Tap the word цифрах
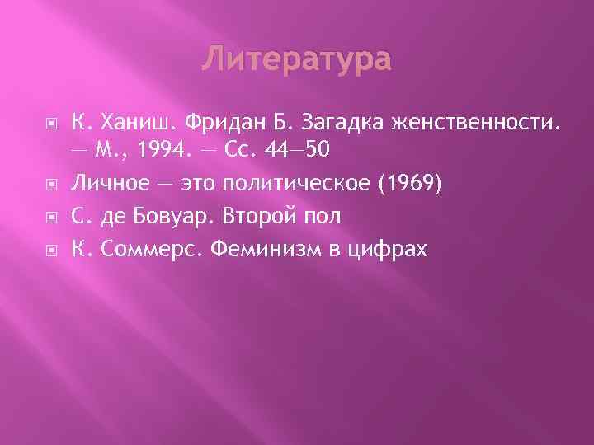tap(393, 247)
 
